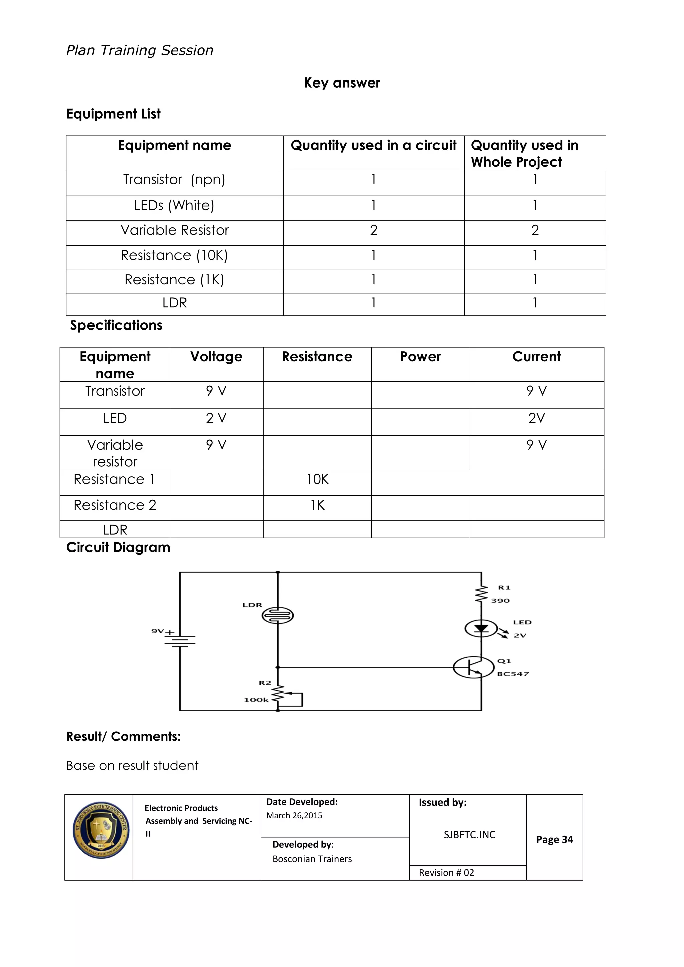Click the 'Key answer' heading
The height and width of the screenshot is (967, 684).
[342, 83]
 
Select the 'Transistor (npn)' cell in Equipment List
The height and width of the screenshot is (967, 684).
[174, 180]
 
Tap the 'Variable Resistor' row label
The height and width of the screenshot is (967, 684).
[174, 230]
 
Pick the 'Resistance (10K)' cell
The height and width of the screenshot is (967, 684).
[174, 255]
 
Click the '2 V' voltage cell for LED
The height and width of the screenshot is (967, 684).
[216, 418]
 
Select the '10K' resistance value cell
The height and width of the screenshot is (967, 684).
[317, 479]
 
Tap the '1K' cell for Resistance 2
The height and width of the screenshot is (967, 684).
[317, 505]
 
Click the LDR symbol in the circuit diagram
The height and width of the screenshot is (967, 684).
[278, 616]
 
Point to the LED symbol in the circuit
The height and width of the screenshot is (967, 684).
[481, 629]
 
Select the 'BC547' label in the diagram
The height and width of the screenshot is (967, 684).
[513, 674]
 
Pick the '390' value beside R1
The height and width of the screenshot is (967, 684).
[500, 601]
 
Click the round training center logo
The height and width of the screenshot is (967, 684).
[101, 830]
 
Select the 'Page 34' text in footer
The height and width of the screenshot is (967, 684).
[554, 839]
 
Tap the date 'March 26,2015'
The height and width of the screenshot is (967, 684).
[294, 815]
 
